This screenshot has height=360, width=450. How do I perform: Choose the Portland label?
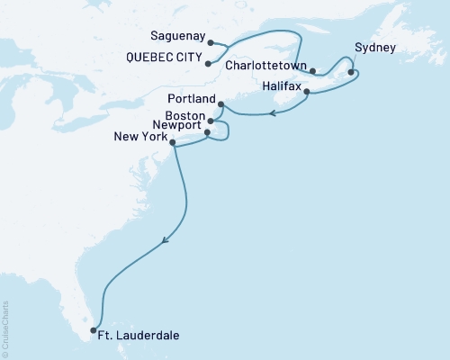point(191,98)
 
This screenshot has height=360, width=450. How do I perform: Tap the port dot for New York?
point(173,141)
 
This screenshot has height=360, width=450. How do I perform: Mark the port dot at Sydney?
point(351,73)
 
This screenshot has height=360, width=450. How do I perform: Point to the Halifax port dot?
point(307,92)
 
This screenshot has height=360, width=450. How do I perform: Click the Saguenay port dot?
point(210,42)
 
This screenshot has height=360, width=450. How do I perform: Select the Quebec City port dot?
point(208,64)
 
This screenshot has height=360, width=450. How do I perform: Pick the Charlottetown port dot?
point(312,70)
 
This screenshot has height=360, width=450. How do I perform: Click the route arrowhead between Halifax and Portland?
point(272,114)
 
